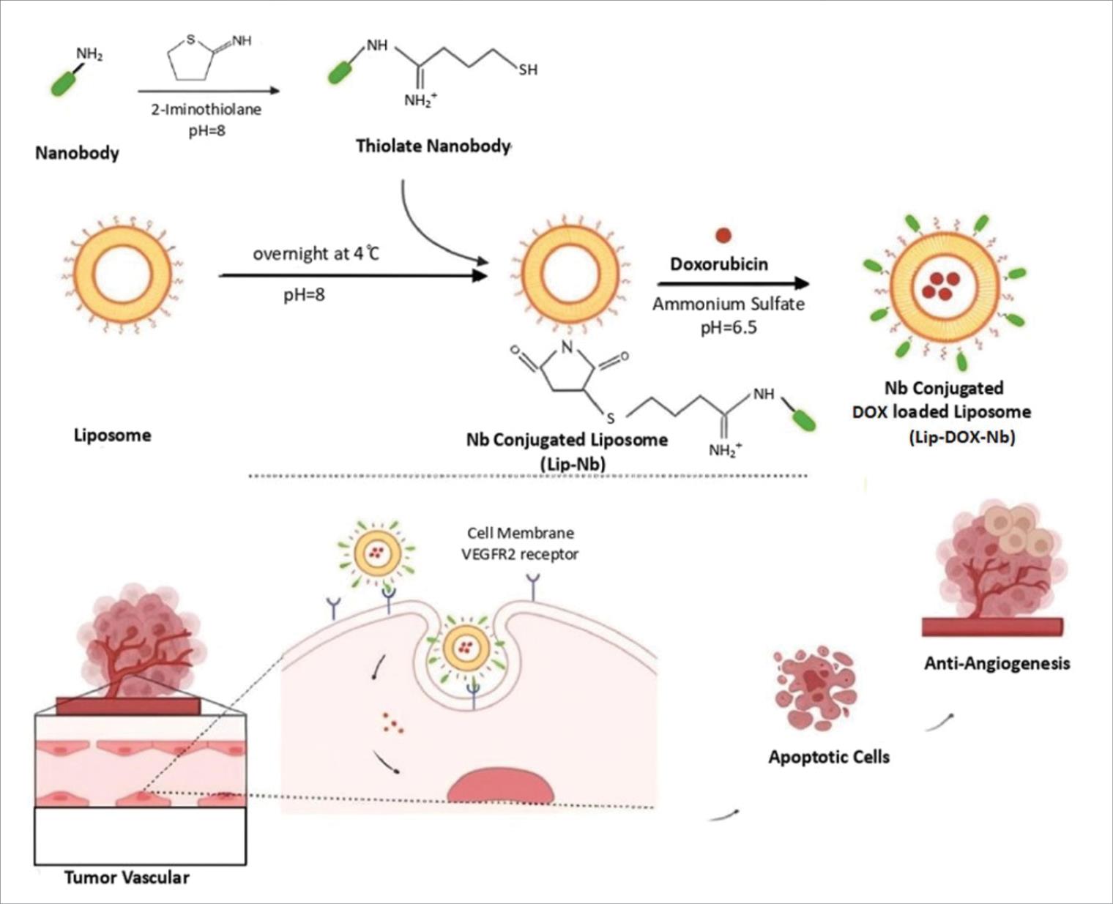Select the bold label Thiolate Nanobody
(432, 146)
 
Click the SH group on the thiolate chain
(527, 70)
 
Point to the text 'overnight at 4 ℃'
(316, 255)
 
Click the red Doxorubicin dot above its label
(723, 235)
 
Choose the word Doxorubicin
(719, 264)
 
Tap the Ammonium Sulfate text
(728, 304)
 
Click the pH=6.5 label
(728, 327)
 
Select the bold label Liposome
(113, 435)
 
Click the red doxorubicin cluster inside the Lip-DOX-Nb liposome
(941, 285)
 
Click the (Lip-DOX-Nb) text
(961, 438)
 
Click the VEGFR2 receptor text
(520, 554)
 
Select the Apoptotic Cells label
(829, 757)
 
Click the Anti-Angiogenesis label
(997, 663)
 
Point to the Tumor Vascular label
(127, 877)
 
